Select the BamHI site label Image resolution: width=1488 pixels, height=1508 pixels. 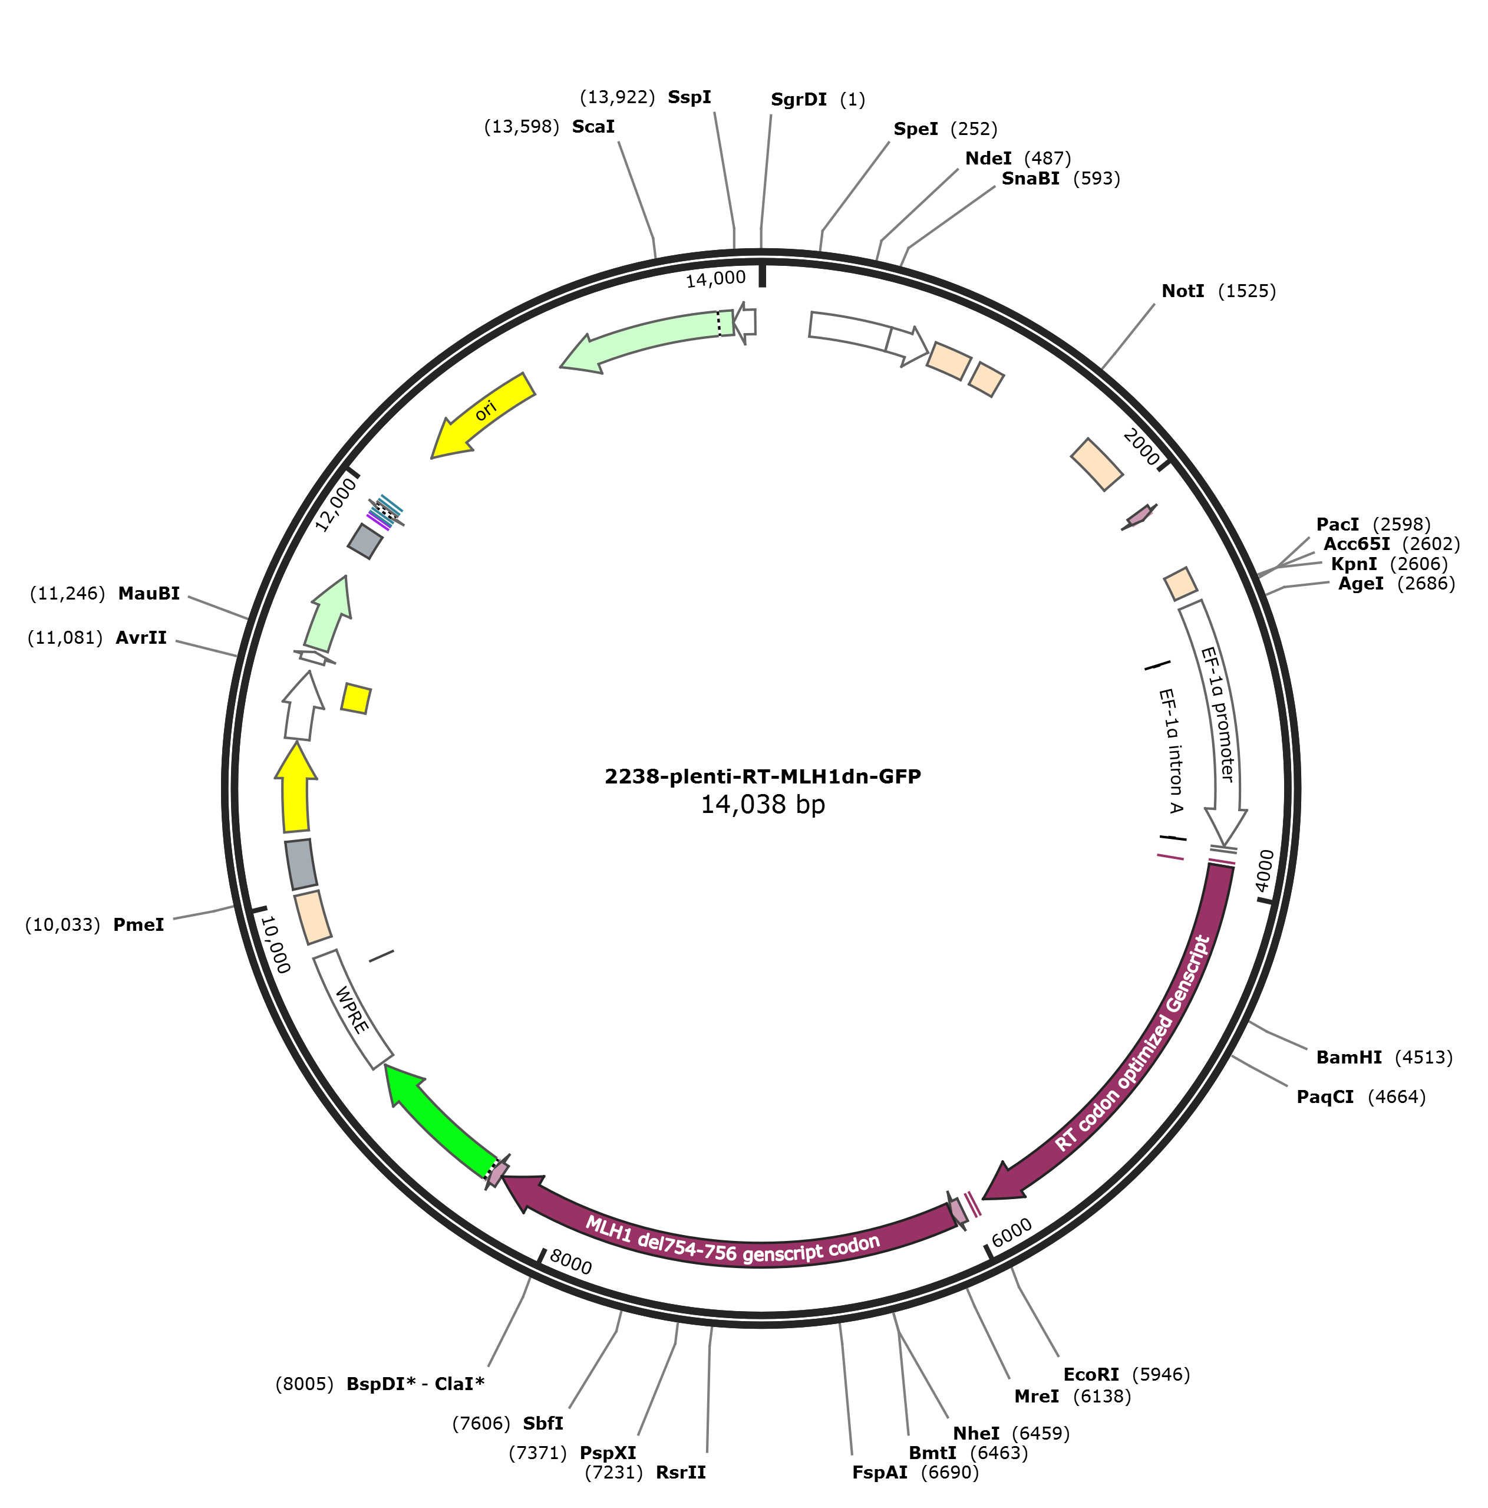coord(1348,1058)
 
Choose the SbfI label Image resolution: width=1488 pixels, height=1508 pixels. coord(543,1424)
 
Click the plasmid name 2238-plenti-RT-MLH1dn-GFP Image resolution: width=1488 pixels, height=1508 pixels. coord(763,776)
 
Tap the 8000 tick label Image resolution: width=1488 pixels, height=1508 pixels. coord(570,1262)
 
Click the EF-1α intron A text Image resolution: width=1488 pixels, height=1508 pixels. coord(1170,750)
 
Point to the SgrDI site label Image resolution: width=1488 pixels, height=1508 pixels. coord(799,100)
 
